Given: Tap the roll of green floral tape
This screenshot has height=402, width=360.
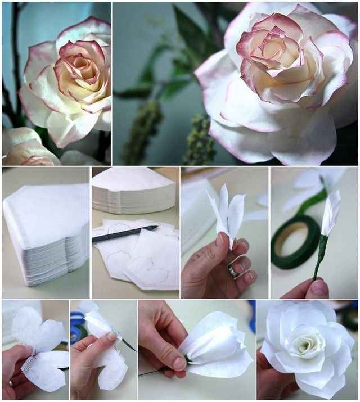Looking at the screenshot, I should (x=295, y=242).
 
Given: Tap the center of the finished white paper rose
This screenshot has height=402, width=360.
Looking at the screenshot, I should (x=306, y=342).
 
